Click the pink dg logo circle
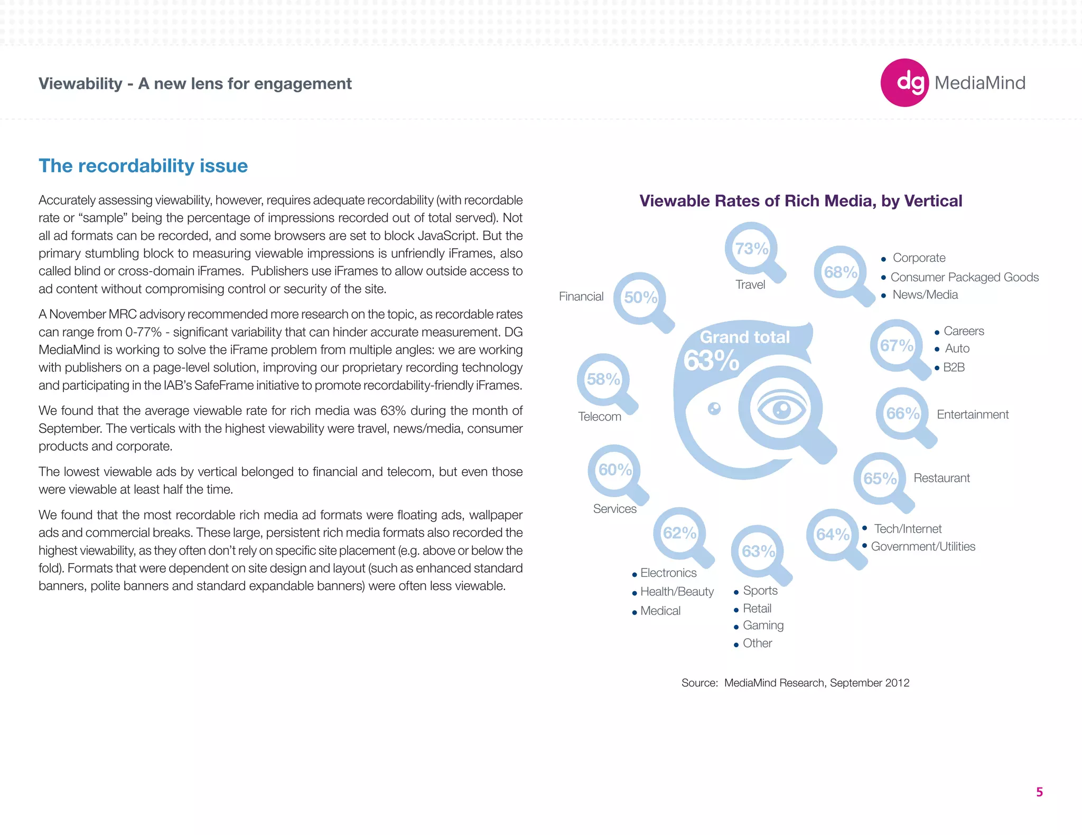(x=904, y=83)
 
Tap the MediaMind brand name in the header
(x=980, y=83)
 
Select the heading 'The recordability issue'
(x=143, y=166)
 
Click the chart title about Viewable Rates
(x=800, y=201)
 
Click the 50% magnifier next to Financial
(x=640, y=298)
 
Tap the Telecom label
(x=600, y=416)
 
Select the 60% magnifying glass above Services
(x=615, y=470)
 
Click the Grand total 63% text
(x=740, y=349)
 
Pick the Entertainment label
(x=973, y=414)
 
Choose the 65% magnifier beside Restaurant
(x=880, y=478)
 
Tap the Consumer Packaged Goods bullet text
(x=964, y=277)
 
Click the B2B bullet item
(x=954, y=367)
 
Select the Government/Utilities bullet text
(x=923, y=546)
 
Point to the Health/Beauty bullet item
(x=677, y=592)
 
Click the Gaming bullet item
(x=763, y=625)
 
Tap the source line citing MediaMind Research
(x=795, y=683)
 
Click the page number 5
(x=1039, y=792)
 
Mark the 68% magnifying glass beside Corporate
(x=840, y=272)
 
